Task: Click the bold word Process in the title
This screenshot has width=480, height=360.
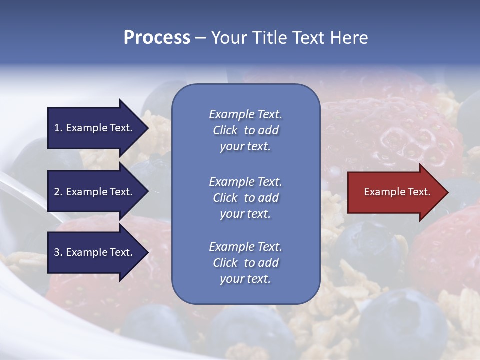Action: [157, 38]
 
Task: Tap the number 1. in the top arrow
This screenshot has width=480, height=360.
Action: [58, 128]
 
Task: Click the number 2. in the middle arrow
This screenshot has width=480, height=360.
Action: [58, 192]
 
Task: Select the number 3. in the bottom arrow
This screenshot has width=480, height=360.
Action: [58, 252]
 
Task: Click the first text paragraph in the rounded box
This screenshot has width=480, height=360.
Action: [245, 130]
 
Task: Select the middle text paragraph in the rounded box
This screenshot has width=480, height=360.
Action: [245, 198]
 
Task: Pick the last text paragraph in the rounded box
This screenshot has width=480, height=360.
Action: [245, 263]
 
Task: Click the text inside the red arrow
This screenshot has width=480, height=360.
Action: [397, 192]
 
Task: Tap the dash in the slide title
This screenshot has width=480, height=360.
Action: [200, 38]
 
